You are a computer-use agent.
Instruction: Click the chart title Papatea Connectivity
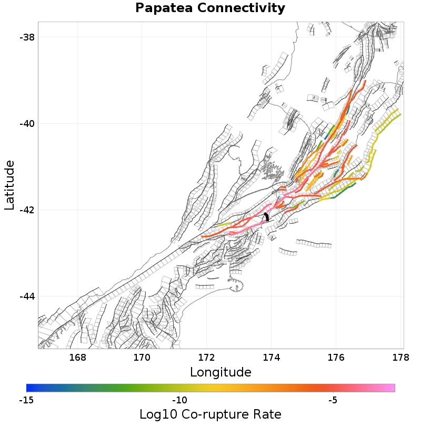[210, 8]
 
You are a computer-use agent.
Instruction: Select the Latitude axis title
[9, 186]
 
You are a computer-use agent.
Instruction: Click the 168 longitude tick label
[77, 358]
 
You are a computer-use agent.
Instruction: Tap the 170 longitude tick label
[142, 358]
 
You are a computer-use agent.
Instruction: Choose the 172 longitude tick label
[207, 358]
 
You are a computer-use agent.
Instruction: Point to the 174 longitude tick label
[272, 358]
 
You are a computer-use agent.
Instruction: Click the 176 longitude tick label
[336, 358]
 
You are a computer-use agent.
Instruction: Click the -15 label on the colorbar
[26, 400]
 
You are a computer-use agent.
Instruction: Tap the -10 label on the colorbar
[179, 400]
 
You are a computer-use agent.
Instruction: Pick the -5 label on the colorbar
[333, 400]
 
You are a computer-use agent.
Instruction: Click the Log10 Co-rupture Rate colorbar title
[210, 414]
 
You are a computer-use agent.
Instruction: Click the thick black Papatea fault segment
[267, 216]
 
